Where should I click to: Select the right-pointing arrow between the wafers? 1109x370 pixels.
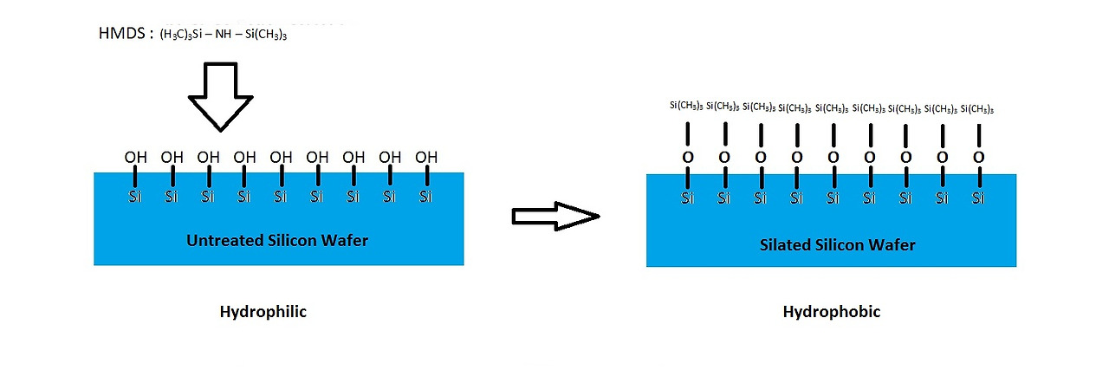tap(555, 217)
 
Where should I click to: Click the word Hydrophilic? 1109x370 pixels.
tap(263, 312)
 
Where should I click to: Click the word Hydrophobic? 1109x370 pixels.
tap(831, 312)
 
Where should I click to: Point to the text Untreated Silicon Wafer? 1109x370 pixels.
tap(277, 240)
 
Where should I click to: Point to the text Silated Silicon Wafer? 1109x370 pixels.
tap(837, 244)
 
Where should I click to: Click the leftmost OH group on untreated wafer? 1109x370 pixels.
tap(135, 158)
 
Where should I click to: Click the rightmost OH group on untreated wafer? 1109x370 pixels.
tap(425, 158)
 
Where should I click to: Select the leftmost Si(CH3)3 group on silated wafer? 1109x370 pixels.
tap(686, 107)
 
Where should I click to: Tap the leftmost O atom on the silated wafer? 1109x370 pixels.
tap(687, 158)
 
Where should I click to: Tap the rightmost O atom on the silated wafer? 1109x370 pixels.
tap(978, 158)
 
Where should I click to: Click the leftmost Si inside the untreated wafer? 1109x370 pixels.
tap(135, 197)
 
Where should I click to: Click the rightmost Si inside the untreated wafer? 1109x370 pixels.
tap(425, 197)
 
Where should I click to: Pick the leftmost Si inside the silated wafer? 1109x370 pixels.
tap(687, 198)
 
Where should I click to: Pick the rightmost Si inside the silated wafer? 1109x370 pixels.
tap(978, 198)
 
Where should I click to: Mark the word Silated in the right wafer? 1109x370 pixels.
tap(785, 244)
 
